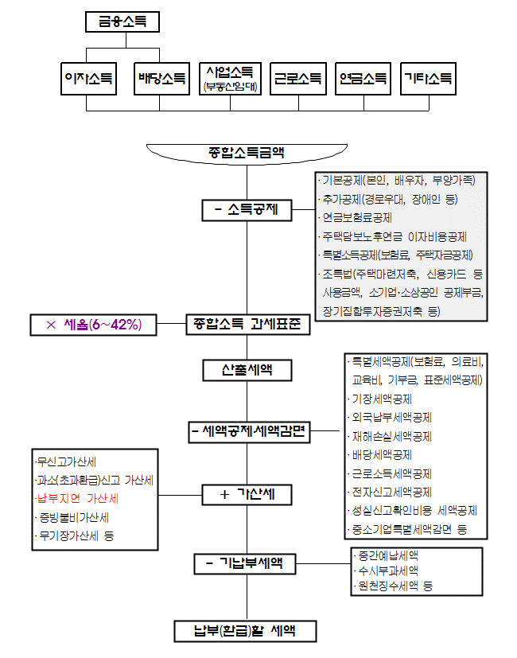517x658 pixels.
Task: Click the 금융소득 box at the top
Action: point(122,21)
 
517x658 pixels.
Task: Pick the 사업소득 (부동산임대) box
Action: point(230,80)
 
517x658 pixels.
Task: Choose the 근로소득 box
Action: point(298,80)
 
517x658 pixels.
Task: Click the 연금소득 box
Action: point(363,80)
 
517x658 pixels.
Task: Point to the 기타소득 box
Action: point(429,80)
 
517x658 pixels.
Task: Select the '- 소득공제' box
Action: point(247,210)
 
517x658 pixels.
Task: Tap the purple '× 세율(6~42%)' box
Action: point(93,325)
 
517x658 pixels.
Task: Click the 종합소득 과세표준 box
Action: point(247,325)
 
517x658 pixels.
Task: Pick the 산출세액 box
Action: point(247,370)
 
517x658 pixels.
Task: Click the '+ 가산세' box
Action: point(247,494)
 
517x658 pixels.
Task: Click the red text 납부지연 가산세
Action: point(78,499)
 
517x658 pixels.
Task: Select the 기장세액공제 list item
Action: point(382,399)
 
